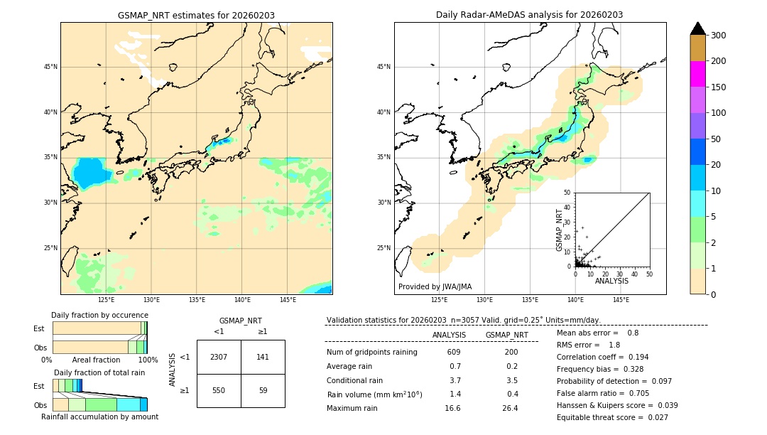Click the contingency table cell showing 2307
(219, 357)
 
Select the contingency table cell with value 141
(263, 357)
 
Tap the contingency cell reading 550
(219, 390)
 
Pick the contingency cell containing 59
(263, 390)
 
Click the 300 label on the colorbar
(718, 36)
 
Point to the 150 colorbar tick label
(718, 87)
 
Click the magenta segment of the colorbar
(698, 74)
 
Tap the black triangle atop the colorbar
(698, 28)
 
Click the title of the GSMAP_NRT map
(196, 15)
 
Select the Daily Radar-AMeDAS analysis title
(530, 15)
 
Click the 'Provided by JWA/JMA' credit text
(435, 286)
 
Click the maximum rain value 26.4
(511, 408)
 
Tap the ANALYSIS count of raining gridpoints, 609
(454, 353)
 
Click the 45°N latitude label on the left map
(50, 67)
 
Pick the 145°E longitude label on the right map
(621, 300)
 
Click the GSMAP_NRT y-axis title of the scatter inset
(559, 230)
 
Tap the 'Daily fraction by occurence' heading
(99, 315)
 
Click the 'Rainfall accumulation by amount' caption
(99, 417)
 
